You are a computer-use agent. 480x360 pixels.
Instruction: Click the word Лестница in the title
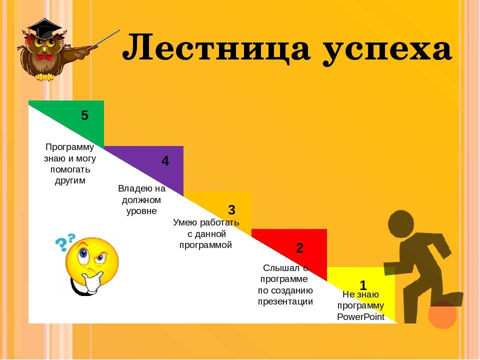point(216,48)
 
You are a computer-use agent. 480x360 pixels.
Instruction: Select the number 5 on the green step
point(84,115)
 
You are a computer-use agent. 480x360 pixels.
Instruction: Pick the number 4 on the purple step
point(165,160)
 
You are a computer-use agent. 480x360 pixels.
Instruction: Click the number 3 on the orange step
point(231,210)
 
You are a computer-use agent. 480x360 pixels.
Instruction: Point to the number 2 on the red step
point(299,247)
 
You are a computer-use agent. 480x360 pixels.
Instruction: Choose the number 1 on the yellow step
point(363,285)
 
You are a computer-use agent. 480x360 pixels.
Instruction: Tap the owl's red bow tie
point(44,57)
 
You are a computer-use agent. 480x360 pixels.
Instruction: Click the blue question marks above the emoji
point(65,241)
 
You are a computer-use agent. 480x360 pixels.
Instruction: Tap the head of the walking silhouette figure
point(401,223)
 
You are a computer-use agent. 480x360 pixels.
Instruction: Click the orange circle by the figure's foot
point(442,314)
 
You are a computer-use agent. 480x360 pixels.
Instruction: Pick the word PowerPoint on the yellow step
point(360,317)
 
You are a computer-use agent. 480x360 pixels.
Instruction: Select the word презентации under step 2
point(285,301)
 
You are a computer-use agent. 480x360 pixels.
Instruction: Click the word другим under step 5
point(70,180)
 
